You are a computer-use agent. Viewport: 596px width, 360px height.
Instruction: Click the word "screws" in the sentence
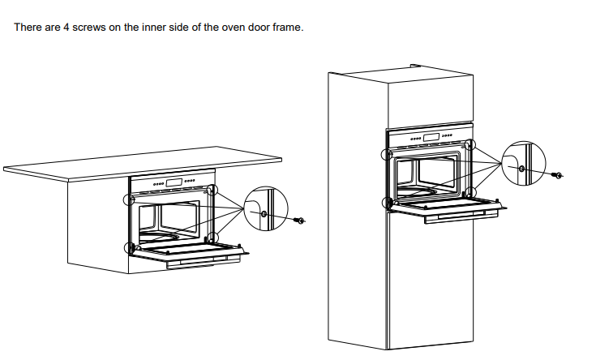point(89,28)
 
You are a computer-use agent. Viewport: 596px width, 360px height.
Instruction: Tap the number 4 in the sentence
point(66,28)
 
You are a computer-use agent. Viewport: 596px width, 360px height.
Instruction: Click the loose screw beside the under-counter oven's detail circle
point(299,220)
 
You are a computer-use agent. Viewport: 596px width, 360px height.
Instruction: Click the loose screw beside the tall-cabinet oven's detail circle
point(558,175)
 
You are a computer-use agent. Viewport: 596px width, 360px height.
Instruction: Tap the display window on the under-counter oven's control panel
point(174,183)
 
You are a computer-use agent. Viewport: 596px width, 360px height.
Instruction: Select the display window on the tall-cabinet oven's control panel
point(431,137)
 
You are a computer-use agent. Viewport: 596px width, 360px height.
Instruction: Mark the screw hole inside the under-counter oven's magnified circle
point(264,214)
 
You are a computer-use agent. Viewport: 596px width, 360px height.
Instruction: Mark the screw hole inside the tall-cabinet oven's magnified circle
point(522,169)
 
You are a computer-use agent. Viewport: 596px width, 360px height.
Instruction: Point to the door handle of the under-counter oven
point(204,263)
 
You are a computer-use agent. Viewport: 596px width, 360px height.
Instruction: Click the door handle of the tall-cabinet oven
point(461,218)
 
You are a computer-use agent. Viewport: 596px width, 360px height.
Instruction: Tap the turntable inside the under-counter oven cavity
point(159,237)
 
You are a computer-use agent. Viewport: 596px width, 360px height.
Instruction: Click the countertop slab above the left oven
point(143,164)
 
